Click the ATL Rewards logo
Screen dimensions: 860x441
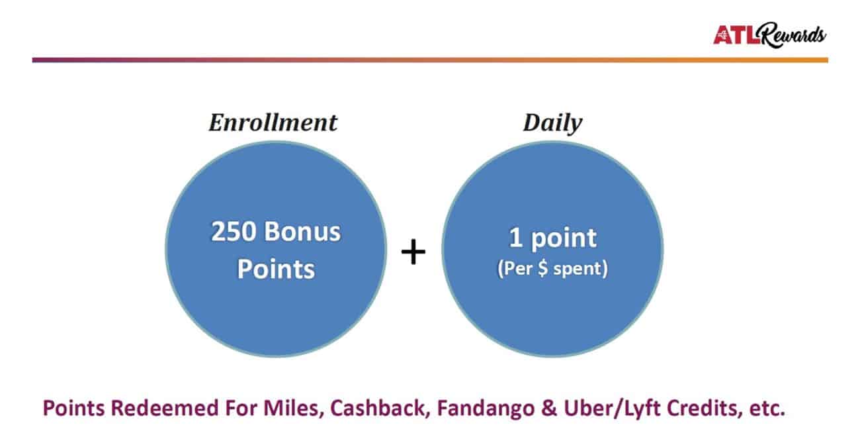[769, 35]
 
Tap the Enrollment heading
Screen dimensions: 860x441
[273, 123]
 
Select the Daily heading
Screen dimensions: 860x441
[552, 124]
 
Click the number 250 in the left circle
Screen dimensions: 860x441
[234, 232]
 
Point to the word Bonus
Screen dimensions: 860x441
[302, 232]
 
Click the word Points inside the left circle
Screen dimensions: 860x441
[276, 269]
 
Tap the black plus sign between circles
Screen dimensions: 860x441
[413, 252]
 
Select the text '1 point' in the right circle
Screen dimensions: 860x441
[552, 238]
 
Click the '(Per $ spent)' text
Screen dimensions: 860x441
[552, 268]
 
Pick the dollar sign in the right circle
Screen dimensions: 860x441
[542, 268]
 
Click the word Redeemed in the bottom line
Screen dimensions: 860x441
[165, 408]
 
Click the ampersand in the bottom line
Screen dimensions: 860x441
[549, 408]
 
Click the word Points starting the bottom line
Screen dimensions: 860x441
[73, 408]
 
